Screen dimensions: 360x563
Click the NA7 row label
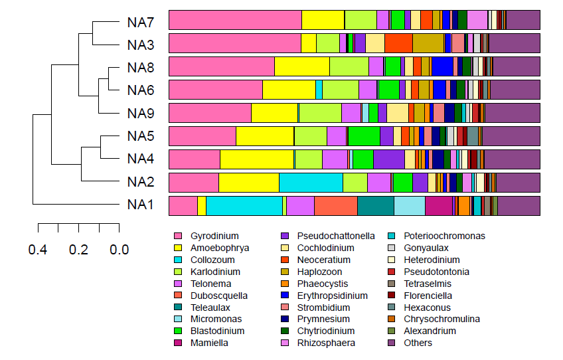pyautogui.click(x=141, y=23)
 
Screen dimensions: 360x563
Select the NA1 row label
pyautogui.click(x=141, y=205)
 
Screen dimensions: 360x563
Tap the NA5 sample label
pyautogui.click(x=141, y=137)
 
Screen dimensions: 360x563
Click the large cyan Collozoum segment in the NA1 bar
pyautogui.click(x=244, y=206)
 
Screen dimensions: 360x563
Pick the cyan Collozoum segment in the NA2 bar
pyautogui.click(x=311, y=183)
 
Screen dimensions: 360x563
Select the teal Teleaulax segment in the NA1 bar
pyautogui.click(x=375, y=206)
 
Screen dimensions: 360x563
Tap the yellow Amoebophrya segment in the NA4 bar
pyautogui.click(x=257, y=159)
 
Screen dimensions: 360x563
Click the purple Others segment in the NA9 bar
pyautogui.click(x=512, y=113)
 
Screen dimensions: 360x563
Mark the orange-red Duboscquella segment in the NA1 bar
pyautogui.click(x=335, y=206)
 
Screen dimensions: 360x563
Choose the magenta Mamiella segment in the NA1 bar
pyautogui.click(x=438, y=206)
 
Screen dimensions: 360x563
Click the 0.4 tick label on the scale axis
pyautogui.click(x=38, y=250)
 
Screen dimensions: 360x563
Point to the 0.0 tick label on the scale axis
pyautogui.click(x=120, y=250)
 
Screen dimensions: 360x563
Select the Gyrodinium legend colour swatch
pyautogui.click(x=177, y=236)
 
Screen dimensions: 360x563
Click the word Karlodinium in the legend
pyautogui.click(x=215, y=272)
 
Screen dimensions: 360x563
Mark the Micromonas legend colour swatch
pyautogui.click(x=177, y=319)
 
